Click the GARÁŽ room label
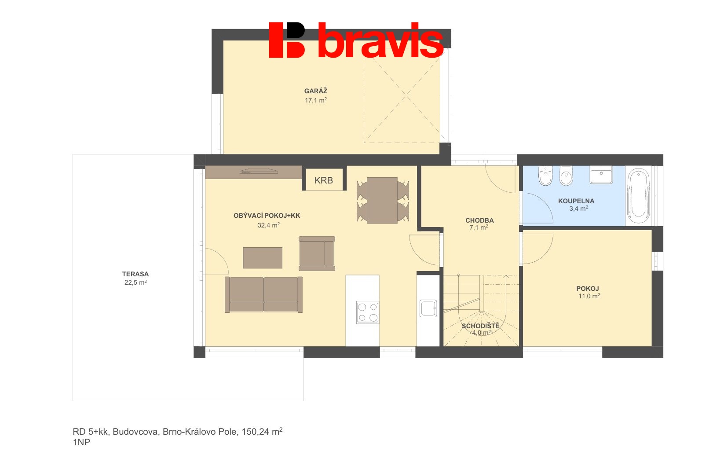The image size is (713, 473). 315,91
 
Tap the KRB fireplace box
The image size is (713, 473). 324,180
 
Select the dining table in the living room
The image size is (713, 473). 382,200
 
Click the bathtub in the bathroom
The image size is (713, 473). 638,196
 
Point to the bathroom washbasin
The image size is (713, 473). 601,174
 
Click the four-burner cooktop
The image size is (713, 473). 367,312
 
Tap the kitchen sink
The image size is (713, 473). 428,308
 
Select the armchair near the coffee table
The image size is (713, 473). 317,253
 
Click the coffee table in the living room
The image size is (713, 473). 262,258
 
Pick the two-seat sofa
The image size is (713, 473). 263,294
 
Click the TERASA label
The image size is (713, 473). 135,274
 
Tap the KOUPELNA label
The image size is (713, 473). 576,201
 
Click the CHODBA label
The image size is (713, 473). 479,220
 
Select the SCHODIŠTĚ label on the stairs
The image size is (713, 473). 480,326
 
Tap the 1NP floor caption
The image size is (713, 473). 81,442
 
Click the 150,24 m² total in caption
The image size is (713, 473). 262,431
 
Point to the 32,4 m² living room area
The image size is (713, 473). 269,225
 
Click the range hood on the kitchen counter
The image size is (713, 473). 259,172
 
